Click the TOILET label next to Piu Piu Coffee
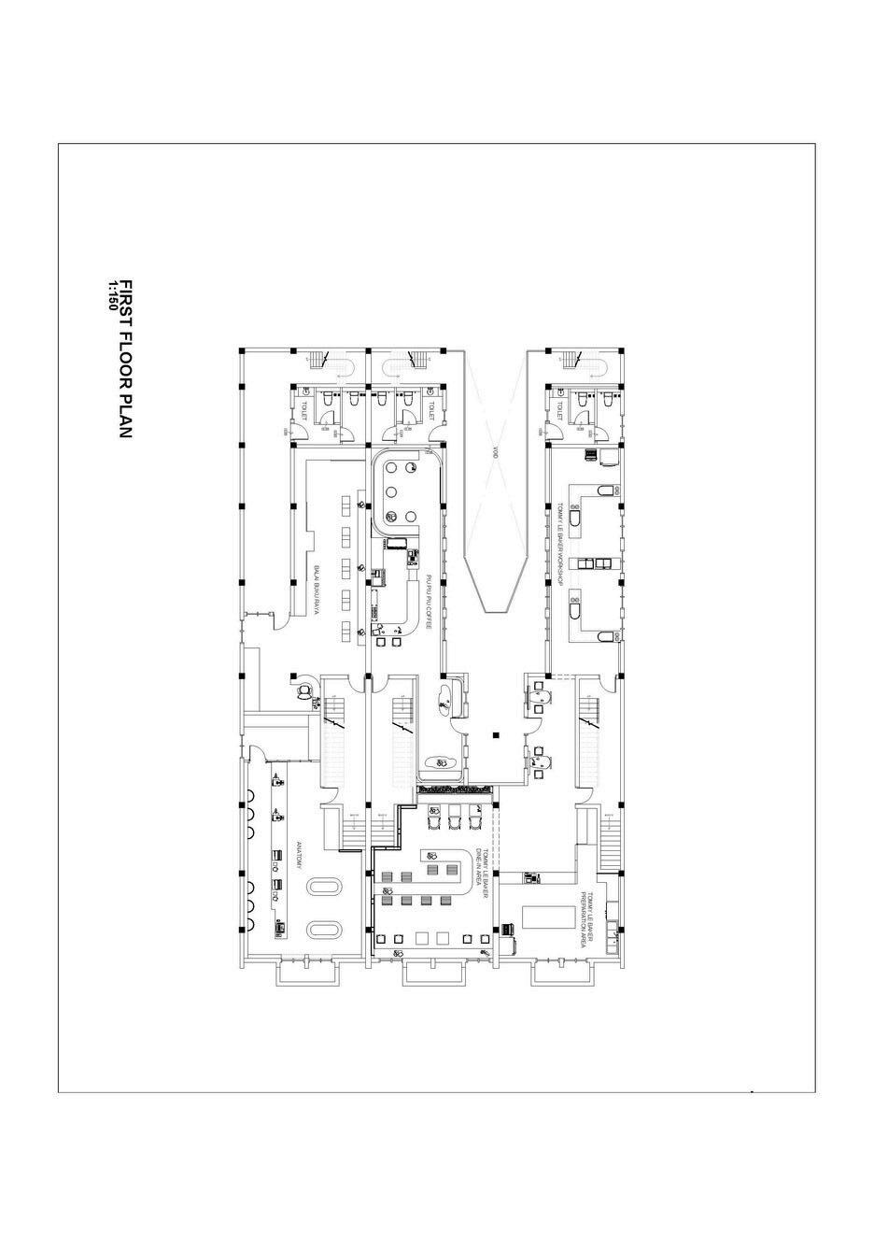point(431,410)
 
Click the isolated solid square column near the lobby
point(496,735)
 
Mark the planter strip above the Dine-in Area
point(454,790)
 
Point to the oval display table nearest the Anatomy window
point(325,928)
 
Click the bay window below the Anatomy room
point(306,974)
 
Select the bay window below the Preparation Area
point(562,974)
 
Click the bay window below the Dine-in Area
point(433,974)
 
